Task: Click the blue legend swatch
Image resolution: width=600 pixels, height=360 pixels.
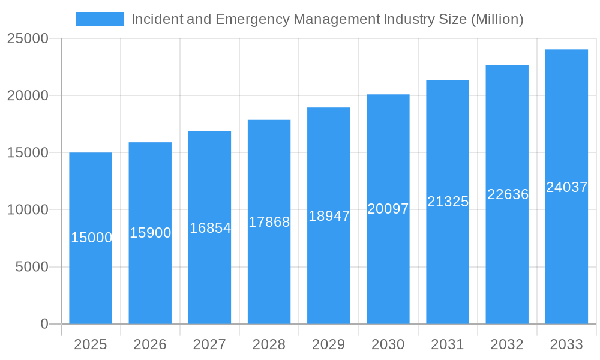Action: [100, 19]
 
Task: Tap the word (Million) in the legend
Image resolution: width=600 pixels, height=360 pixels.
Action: [497, 19]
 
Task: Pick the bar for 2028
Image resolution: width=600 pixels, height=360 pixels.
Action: [269, 270]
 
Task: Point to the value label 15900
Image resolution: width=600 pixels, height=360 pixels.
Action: [151, 233]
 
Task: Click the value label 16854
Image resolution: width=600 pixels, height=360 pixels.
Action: [210, 228]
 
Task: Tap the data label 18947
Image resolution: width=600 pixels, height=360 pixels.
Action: [329, 216]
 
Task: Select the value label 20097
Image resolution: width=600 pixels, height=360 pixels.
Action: [388, 209]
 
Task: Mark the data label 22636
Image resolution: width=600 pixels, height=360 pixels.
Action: [508, 194]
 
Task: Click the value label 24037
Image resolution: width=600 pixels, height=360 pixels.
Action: [566, 187]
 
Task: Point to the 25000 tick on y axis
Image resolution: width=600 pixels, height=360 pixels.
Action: [28, 38]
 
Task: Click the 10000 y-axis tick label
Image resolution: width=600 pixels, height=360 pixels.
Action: [28, 210]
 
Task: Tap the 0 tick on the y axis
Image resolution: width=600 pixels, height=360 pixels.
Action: [44, 324]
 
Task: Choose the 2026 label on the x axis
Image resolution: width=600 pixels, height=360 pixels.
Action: [150, 344]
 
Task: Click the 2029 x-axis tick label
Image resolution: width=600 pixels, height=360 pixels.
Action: [329, 344]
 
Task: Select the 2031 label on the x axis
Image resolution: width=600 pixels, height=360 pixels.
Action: [448, 344]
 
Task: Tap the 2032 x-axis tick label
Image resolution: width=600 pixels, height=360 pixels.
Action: [507, 344]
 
